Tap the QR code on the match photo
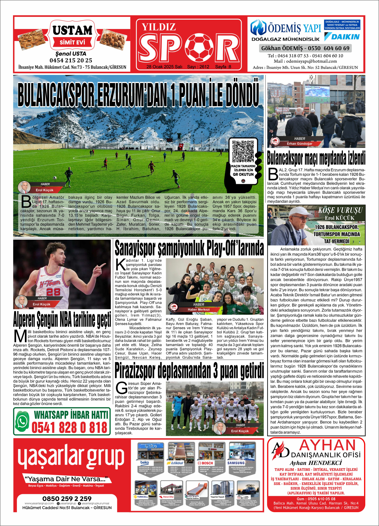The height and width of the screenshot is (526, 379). [243, 151]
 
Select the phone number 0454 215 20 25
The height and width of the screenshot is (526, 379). [71, 60]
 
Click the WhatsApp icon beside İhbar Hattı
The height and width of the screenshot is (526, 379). [22, 421]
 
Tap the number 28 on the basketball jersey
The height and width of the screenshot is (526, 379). [53, 291]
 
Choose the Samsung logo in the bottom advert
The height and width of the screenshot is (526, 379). [236, 463]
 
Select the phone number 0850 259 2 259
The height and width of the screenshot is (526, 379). [67, 499]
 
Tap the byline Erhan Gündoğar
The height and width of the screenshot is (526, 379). [299, 144]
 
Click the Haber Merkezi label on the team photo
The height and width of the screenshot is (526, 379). [198, 310]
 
